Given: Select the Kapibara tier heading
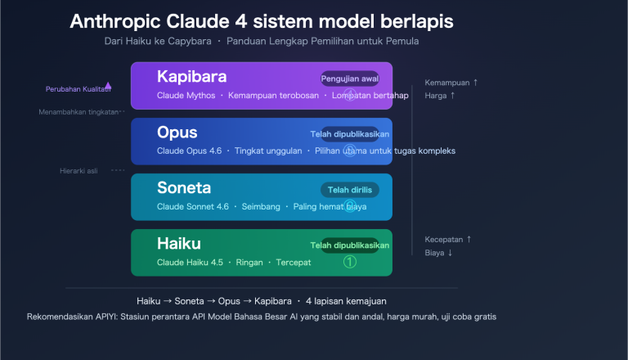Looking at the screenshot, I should tap(192, 76).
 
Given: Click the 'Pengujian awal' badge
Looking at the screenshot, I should tap(349, 79).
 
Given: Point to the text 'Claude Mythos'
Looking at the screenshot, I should tap(186, 96).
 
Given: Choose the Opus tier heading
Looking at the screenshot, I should tap(177, 132).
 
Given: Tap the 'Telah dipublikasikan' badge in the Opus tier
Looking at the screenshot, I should tap(349, 133).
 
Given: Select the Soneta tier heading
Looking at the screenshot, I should tap(185, 187).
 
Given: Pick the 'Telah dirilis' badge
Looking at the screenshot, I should tap(349, 190).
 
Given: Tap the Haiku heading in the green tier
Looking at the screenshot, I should tap(179, 243).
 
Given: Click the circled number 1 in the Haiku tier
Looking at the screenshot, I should tap(350, 263).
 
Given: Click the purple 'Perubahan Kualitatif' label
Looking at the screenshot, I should tap(78, 88).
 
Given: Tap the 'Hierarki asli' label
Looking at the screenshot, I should tap(78, 170).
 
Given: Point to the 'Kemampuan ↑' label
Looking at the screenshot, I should tap(451, 83).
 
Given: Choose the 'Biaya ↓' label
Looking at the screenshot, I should tap(438, 253).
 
